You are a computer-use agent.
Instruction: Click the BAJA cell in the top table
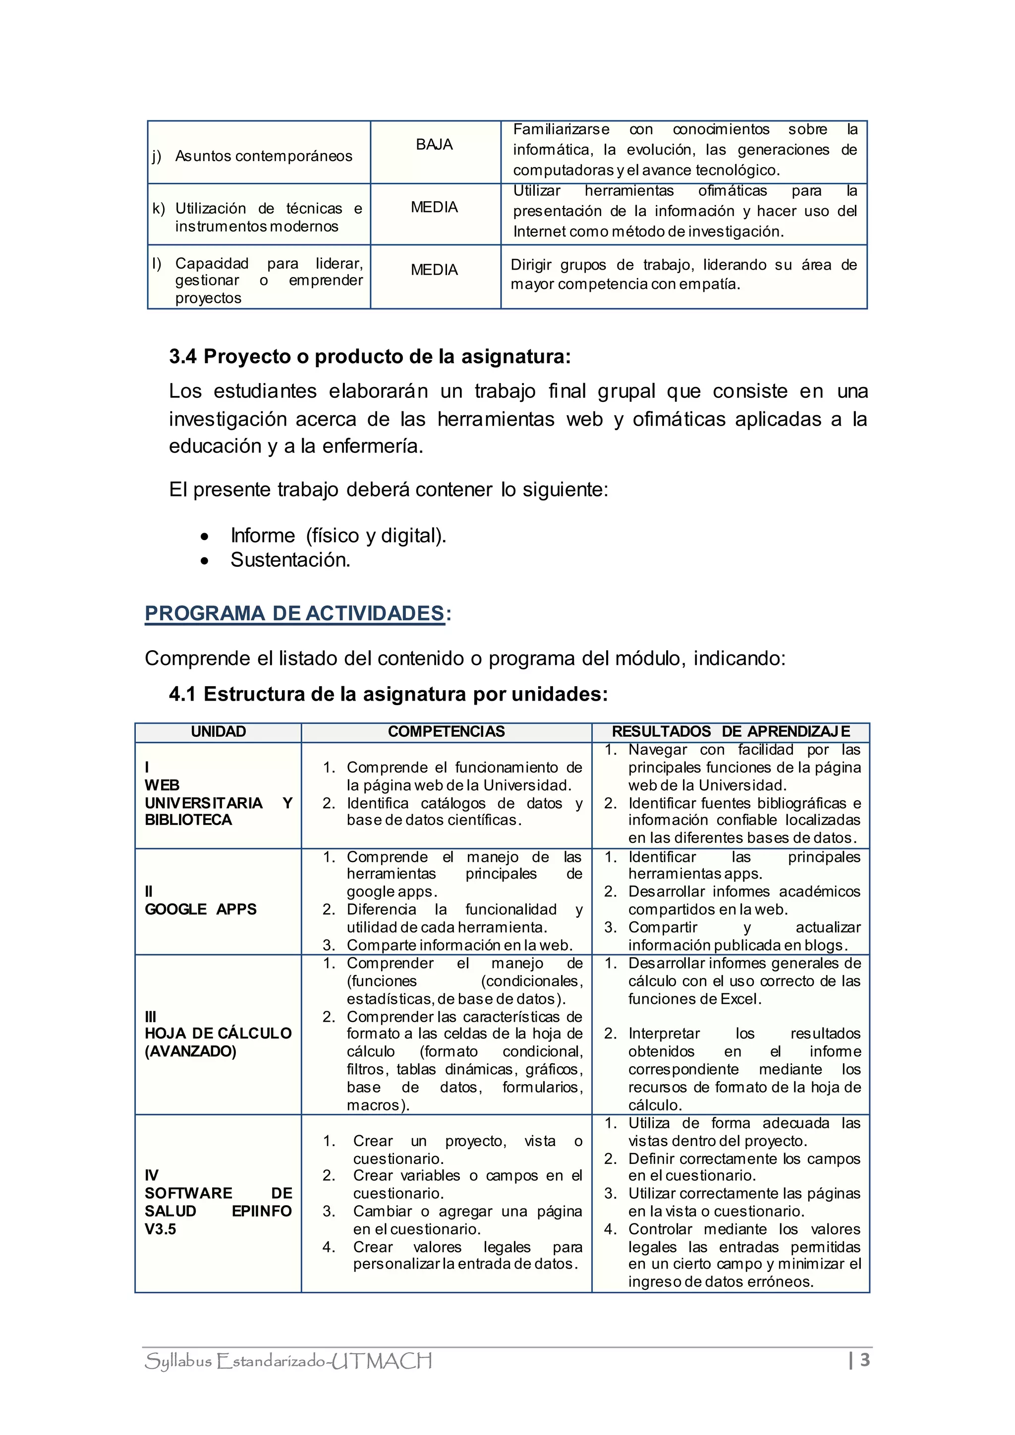tap(434, 145)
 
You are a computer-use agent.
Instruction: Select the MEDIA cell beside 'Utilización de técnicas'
tap(434, 208)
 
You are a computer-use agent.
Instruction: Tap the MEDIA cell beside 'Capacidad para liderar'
tap(434, 270)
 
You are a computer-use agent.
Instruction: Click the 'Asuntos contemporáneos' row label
tap(263, 156)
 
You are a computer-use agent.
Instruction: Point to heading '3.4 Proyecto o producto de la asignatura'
tap(369, 357)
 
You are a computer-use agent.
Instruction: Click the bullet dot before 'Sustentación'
tap(204, 561)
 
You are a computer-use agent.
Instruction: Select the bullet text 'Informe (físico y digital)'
tap(338, 536)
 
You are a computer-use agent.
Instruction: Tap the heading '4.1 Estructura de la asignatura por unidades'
tap(388, 694)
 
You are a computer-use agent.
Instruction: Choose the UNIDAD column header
tap(218, 732)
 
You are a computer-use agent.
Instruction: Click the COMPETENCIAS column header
tap(446, 732)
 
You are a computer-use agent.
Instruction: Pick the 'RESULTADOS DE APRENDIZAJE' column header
tap(731, 732)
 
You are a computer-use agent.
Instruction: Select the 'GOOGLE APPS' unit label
tap(201, 909)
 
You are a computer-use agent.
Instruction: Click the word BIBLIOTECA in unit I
tap(188, 820)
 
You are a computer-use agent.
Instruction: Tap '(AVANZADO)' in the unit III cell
tap(191, 1051)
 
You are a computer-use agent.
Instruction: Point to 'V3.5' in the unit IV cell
tap(160, 1229)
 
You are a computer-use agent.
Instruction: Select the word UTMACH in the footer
tap(381, 1361)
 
